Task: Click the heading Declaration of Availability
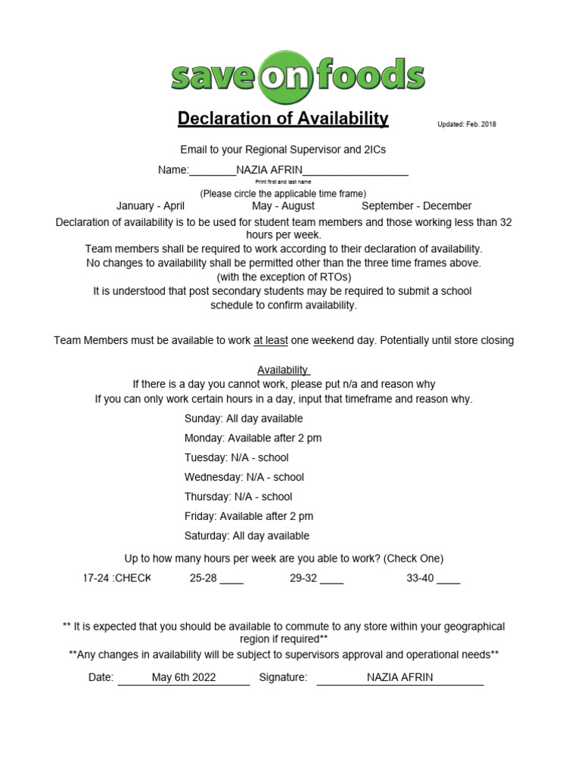283,119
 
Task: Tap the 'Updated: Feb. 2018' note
466,125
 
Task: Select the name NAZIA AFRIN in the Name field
269,170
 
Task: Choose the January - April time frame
151,206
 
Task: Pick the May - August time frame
283,206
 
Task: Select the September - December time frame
416,206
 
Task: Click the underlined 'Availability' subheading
283,370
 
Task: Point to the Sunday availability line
244,419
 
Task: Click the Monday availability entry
253,438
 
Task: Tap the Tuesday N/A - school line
237,458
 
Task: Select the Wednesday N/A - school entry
244,478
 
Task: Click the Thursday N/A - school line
238,497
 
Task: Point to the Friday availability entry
249,517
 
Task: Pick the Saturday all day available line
247,537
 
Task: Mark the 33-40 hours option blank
448,580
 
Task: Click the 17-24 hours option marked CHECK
117,579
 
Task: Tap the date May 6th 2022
184,677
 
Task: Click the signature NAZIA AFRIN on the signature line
399,677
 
